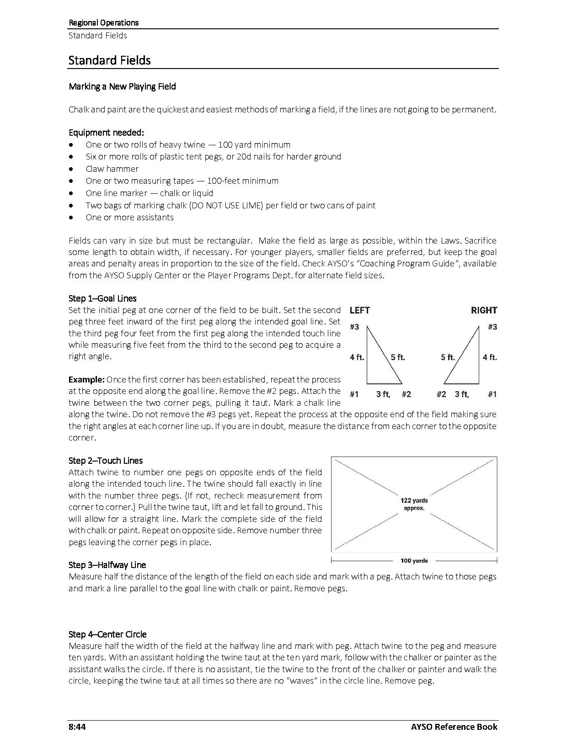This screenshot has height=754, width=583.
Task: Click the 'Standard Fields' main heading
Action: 109,60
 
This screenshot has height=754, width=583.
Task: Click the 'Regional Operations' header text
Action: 103,22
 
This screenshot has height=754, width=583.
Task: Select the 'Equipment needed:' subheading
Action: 106,133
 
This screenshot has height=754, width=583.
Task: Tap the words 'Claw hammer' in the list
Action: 112,169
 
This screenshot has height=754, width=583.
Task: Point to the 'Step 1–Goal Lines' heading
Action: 102,298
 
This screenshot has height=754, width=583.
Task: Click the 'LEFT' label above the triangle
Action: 359,310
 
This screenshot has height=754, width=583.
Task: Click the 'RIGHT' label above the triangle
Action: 484,310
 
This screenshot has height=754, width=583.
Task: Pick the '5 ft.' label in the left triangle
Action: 398,357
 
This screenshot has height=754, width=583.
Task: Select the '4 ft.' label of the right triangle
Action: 489,357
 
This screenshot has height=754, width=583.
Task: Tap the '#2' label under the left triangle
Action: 406,394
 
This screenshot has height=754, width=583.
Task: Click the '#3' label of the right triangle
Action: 492,327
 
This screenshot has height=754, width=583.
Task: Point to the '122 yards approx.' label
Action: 414,504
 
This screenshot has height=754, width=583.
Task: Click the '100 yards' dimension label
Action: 414,561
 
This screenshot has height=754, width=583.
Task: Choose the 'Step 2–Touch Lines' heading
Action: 106,461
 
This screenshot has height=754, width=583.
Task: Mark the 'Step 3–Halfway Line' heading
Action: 107,565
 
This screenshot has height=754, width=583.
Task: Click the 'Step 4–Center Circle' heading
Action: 107,634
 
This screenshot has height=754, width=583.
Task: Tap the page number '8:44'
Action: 77,727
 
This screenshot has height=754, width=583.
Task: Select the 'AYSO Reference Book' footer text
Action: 460,727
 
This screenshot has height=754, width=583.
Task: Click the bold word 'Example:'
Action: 86,379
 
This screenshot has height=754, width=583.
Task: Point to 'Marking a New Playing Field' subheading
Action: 122,86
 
